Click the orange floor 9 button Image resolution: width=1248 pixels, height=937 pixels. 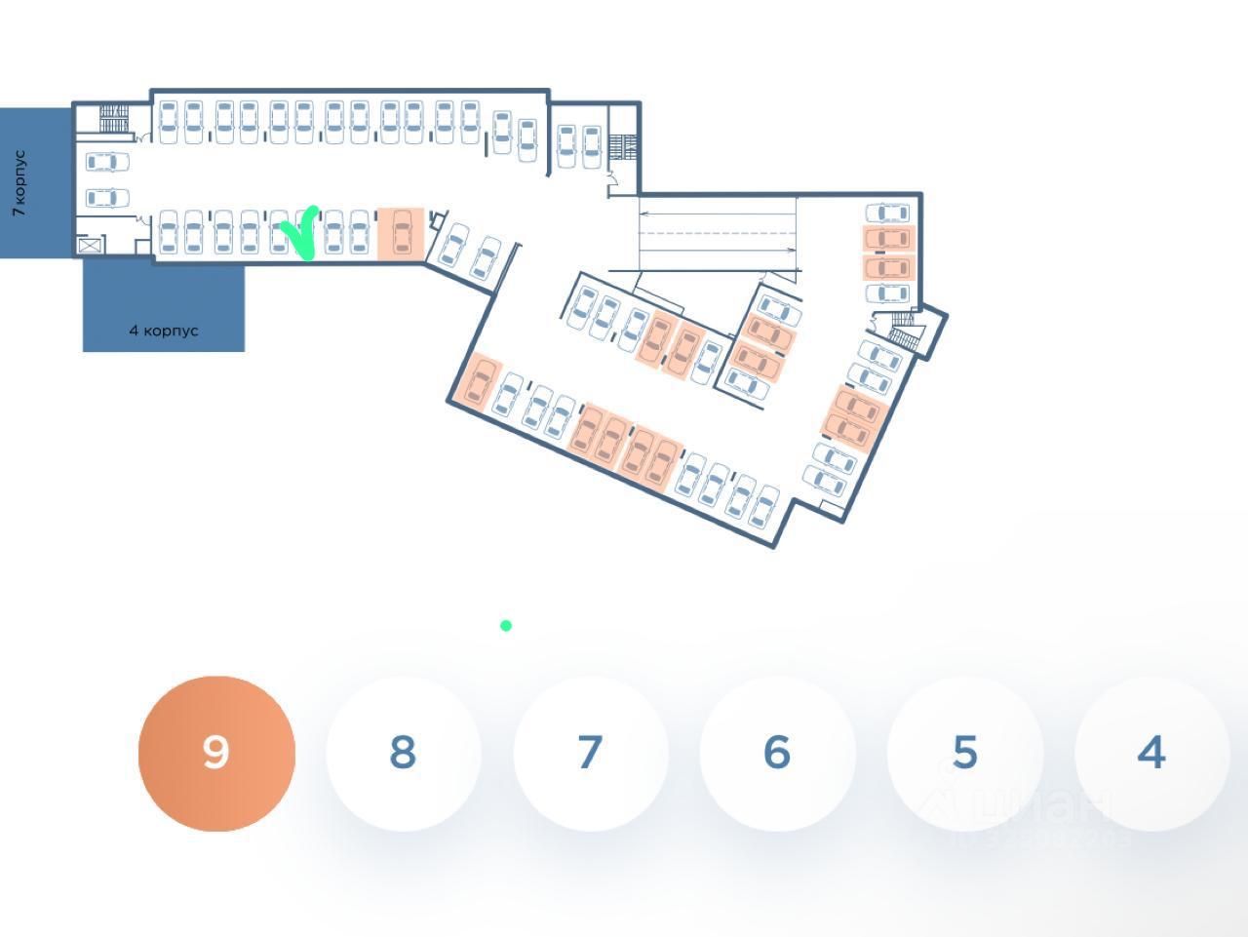[216, 753]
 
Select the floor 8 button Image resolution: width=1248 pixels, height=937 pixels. [403, 753]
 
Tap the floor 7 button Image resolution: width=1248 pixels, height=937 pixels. [590, 753]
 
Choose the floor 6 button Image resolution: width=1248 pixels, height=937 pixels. [777, 753]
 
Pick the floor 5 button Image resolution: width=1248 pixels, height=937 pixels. [964, 753]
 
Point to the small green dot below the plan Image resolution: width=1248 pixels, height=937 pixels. [506, 626]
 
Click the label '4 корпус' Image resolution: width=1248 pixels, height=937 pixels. [164, 331]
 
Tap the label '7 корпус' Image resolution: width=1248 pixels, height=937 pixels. [19, 183]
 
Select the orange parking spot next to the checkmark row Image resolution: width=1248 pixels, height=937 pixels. [400, 234]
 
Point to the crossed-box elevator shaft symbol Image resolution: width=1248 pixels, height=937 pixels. [91, 245]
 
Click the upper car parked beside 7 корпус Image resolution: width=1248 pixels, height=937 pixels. [107, 162]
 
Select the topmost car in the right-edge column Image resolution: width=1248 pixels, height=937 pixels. [887, 213]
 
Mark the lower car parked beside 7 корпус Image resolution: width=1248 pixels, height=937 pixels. [107, 199]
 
